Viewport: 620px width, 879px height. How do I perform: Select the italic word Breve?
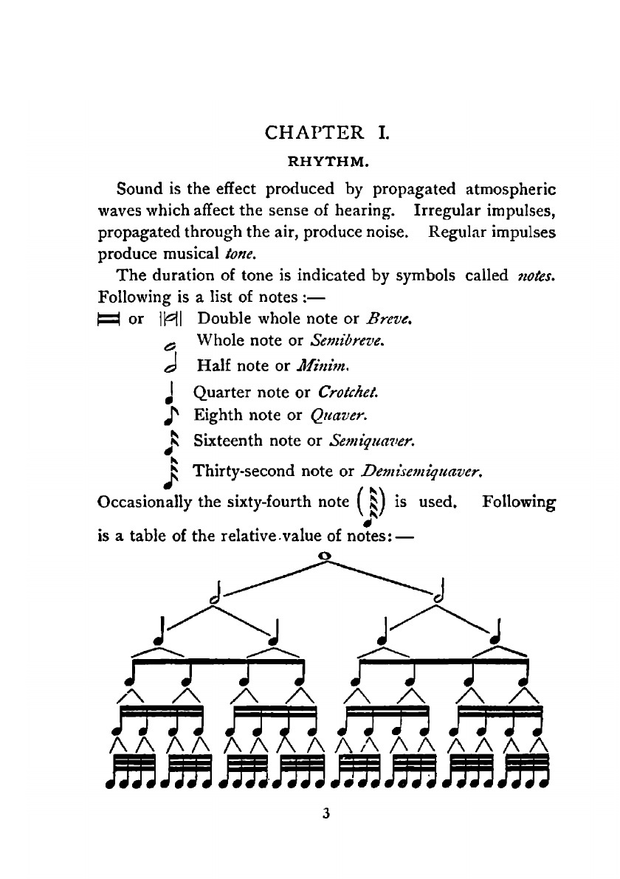[x=391, y=319]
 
